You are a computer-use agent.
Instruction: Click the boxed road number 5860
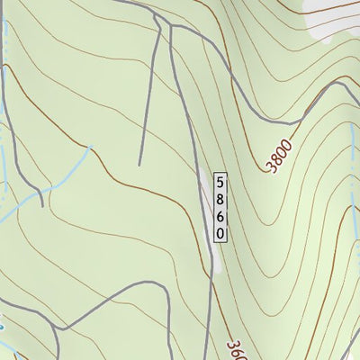pyautogui.click(x=220, y=206)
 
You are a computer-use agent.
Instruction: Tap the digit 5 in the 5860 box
pyautogui.click(x=220, y=181)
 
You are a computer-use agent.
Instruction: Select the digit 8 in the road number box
pyautogui.click(x=220, y=198)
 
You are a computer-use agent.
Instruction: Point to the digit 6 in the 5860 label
pyautogui.click(x=220, y=215)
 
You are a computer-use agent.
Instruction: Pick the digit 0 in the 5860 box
pyautogui.click(x=220, y=232)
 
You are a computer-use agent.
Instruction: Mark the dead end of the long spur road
pyautogui.click(x=139, y=164)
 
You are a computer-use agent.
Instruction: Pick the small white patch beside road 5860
pyautogui.click(x=216, y=261)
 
